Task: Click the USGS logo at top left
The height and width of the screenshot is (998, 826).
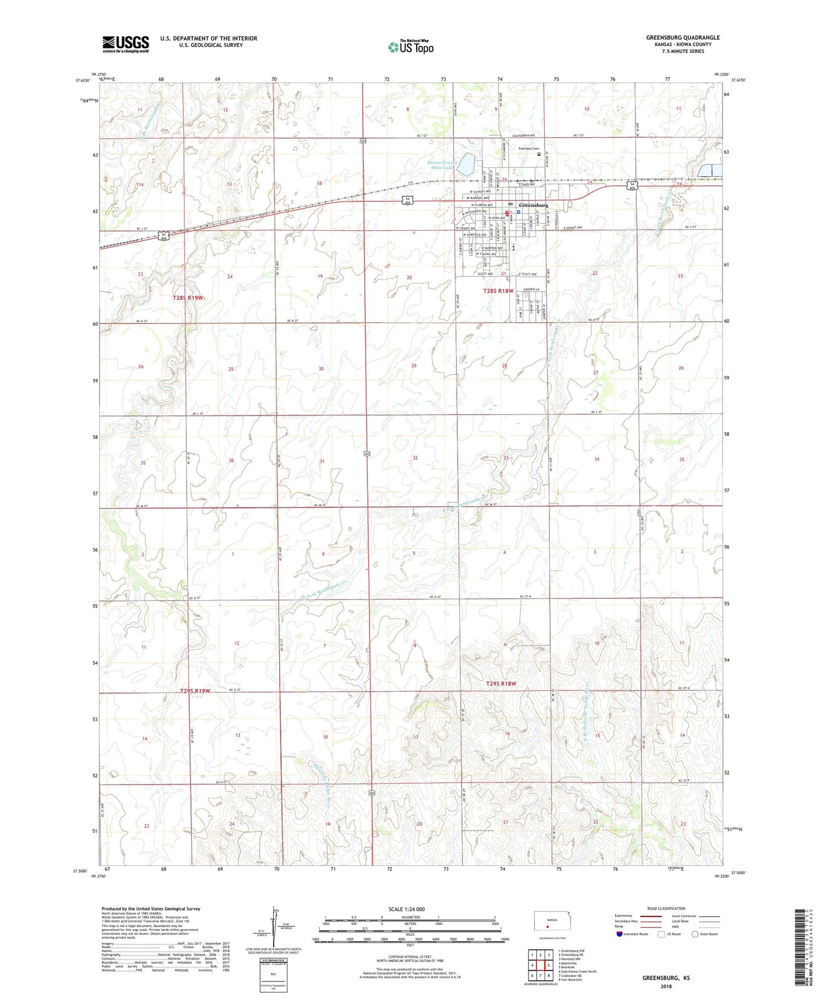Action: pyautogui.click(x=126, y=44)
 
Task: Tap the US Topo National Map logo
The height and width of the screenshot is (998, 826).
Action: pyautogui.click(x=411, y=47)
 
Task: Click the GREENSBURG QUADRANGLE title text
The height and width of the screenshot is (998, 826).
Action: pyautogui.click(x=683, y=37)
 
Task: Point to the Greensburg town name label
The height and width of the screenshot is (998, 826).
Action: pyautogui.click(x=534, y=205)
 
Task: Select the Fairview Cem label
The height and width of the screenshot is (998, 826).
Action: pyautogui.click(x=529, y=149)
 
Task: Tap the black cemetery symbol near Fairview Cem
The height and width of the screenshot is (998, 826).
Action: pyautogui.click(x=539, y=155)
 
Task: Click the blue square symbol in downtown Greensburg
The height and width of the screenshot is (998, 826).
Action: pyautogui.click(x=519, y=211)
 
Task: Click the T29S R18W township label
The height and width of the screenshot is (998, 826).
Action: pyautogui.click(x=500, y=683)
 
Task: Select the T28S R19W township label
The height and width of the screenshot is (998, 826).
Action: pyautogui.click(x=188, y=297)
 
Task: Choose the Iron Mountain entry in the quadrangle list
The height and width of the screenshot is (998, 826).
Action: pyautogui.click(x=570, y=980)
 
